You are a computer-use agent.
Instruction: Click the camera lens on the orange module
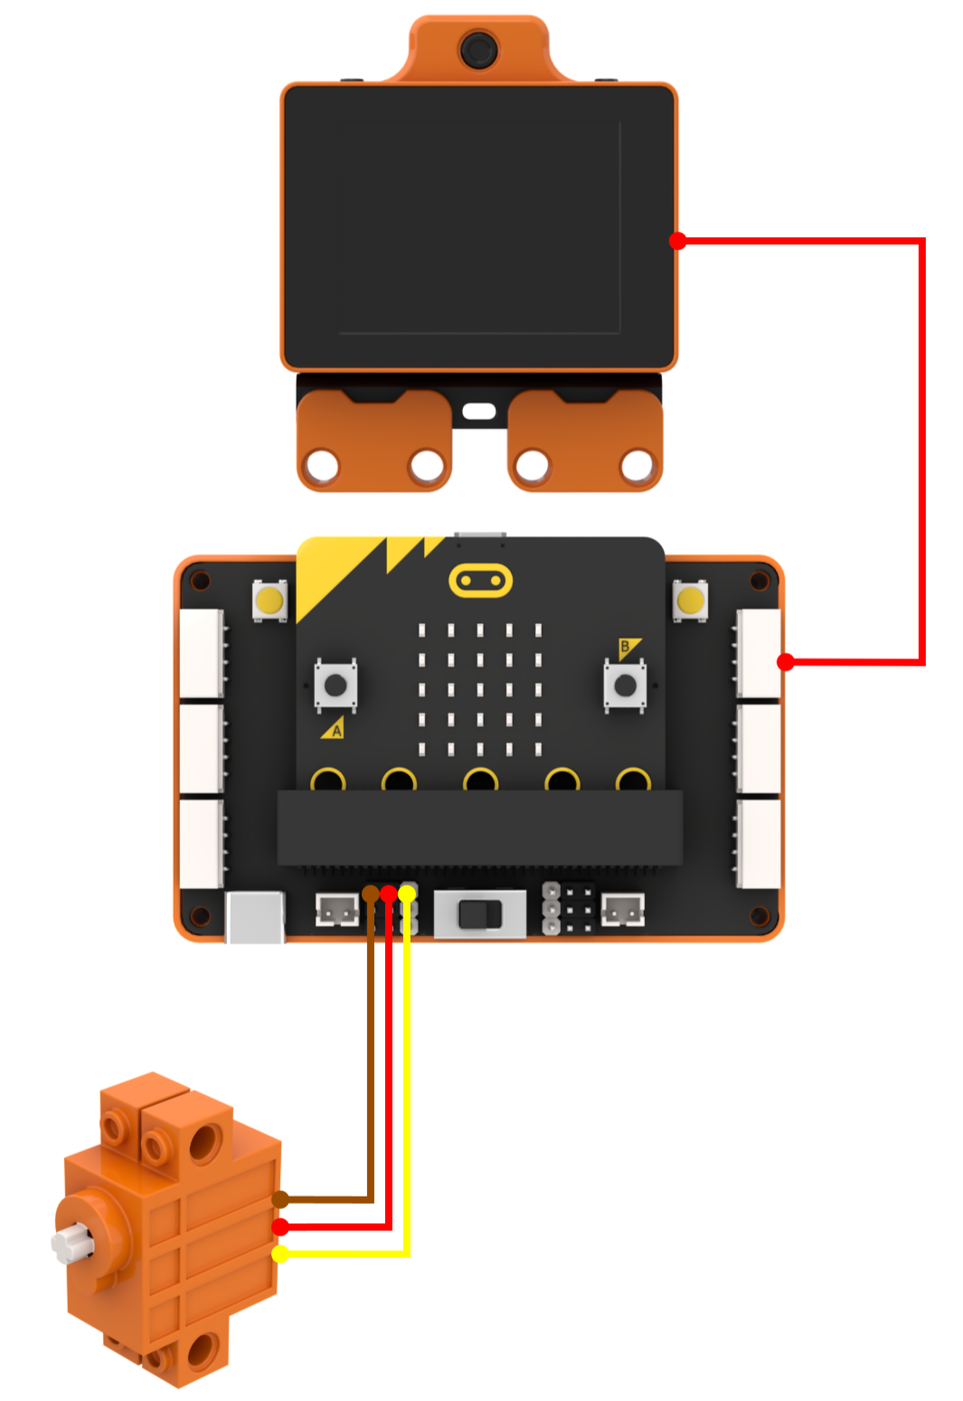(478, 50)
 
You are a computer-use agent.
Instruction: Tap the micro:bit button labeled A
(335, 685)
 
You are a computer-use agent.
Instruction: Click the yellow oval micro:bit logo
(480, 581)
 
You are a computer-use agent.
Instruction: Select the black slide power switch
(480, 914)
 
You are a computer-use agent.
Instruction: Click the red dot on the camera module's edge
(678, 241)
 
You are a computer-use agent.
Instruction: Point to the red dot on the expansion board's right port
(786, 662)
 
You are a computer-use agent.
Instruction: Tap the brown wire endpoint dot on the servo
(281, 1199)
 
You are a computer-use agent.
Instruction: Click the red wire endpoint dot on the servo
(281, 1226)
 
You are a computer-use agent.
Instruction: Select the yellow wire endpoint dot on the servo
(281, 1254)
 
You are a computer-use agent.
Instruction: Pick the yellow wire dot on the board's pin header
(407, 894)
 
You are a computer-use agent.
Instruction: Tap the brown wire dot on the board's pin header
(371, 894)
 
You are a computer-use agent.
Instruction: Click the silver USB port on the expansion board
(254, 917)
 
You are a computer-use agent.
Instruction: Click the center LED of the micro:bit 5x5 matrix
(480, 689)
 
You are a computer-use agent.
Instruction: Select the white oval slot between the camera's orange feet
(479, 411)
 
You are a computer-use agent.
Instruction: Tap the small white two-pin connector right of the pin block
(623, 909)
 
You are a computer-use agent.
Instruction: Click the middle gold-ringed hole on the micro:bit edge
(480, 781)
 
